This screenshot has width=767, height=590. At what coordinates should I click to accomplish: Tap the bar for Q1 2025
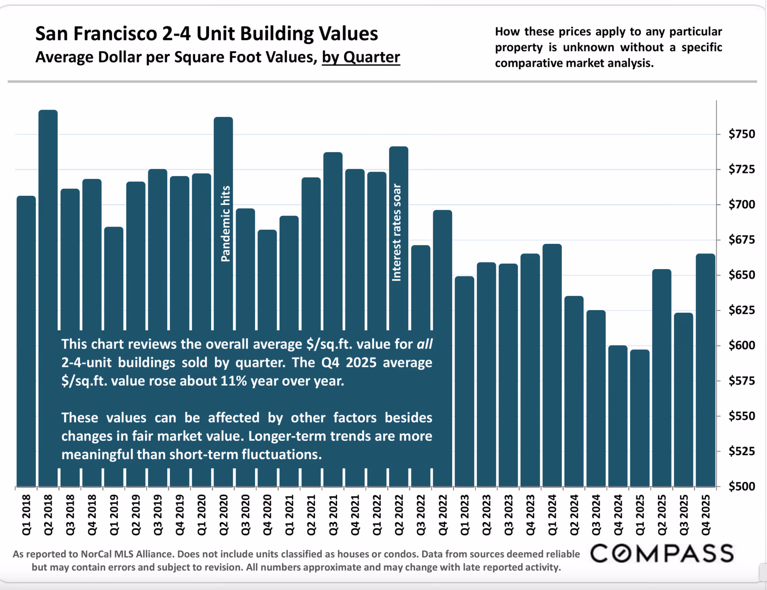(640, 418)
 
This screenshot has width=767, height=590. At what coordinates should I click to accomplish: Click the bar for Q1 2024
(552, 365)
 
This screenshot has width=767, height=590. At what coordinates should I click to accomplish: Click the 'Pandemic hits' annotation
(225, 224)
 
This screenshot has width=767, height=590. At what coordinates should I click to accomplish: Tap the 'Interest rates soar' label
(397, 232)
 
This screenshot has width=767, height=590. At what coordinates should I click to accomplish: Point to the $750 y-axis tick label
(741, 134)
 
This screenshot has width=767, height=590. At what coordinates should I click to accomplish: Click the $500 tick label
(741, 486)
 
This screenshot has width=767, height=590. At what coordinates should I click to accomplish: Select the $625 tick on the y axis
(741, 310)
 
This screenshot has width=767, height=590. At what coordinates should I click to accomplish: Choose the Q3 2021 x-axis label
(333, 515)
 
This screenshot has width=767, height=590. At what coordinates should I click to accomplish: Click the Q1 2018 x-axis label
(26, 515)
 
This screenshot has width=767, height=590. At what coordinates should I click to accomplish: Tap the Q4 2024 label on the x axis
(618, 515)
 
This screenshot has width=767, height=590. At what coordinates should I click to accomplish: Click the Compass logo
(662, 553)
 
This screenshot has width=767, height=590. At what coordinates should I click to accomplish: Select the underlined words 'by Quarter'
(361, 57)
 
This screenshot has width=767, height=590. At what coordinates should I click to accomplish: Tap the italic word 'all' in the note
(425, 344)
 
